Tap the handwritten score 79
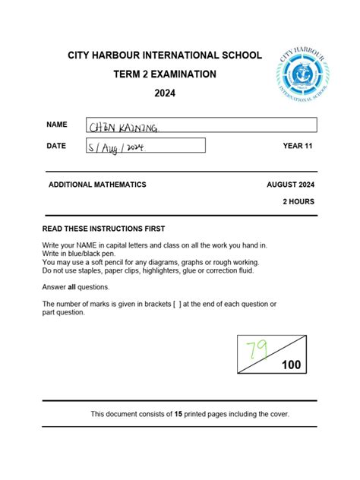pyautogui.click(x=257, y=350)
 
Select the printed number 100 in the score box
pyautogui.click(x=291, y=365)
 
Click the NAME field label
pyautogui.click(x=57, y=124)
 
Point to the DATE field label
pyautogui.click(x=56, y=145)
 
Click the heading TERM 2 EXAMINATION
pyautogui.click(x=165, y=74)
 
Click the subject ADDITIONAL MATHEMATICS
pyautogui.click(x=97, y=185)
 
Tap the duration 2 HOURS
pyautogui.click(x=298, y=201)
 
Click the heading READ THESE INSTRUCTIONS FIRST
pyautogui.click(x=103, y=229)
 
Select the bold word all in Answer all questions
pyautogui.click(x=73, y=287)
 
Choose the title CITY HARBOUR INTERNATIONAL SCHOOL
pyautogui.click(x=165, y=55)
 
